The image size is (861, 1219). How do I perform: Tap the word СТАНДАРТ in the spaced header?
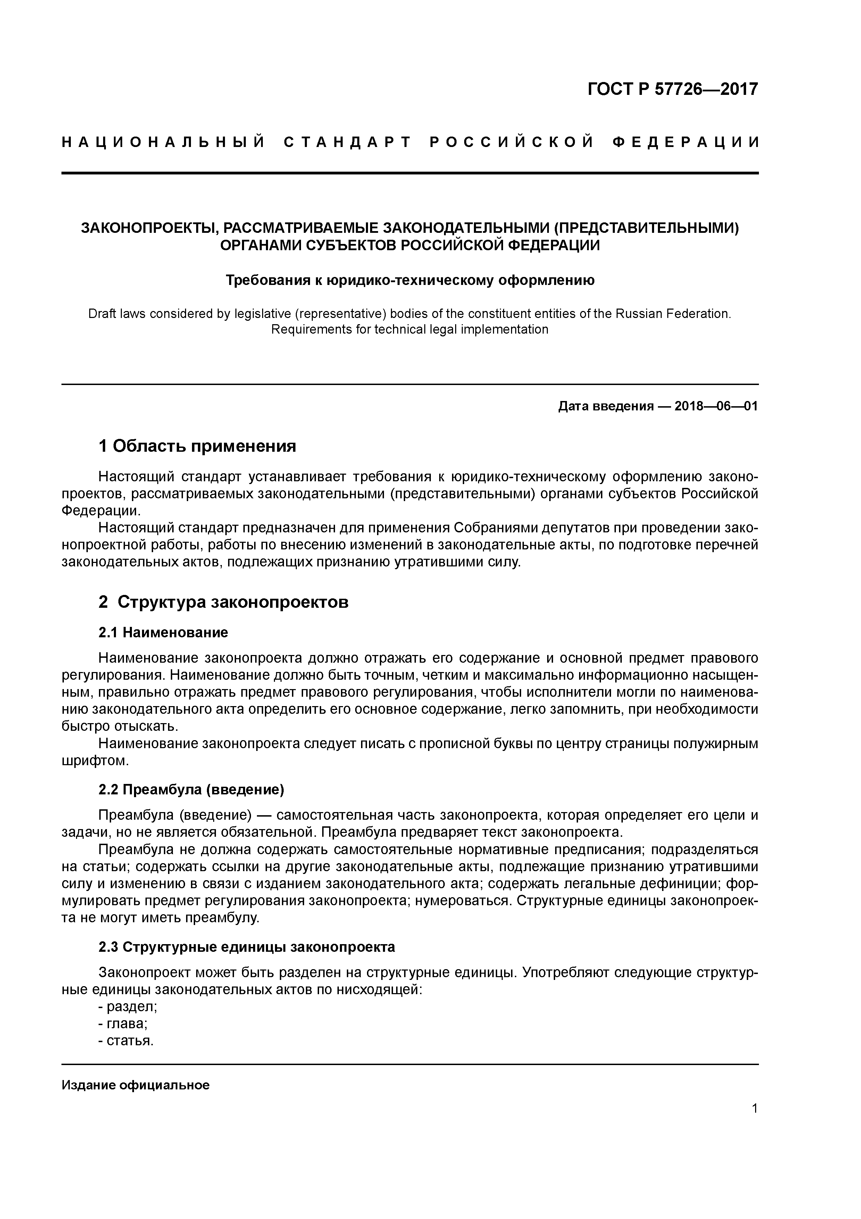tap(348, 142)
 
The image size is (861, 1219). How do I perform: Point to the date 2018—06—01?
tap(716, 406)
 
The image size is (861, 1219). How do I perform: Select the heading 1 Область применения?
tap(197, 446)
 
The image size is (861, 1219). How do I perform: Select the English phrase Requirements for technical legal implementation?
tap(410, 330)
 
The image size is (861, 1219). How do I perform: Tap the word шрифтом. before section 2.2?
tap(95, 761)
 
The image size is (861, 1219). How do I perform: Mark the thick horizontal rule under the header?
tap(410, 173)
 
